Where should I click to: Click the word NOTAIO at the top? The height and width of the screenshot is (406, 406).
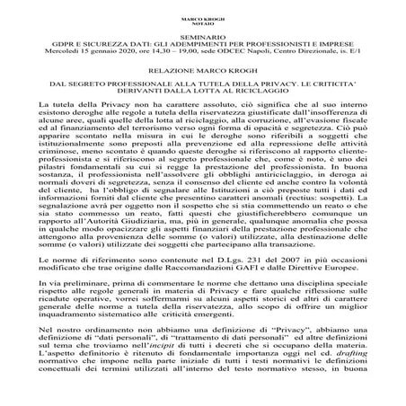tap(202, 23)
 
